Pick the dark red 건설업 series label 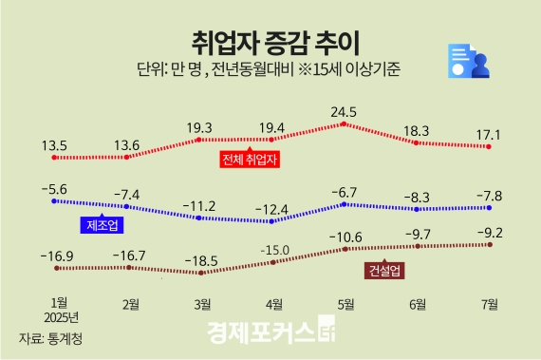click(x=385, y=271)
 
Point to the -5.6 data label click(x=55, y=188)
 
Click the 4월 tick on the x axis click(x=273, y=304)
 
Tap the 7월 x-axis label click(x=490, y=304)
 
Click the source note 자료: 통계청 click(x=50, y=337)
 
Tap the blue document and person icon click(x=467, y=64)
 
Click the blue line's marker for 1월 click(x=55, y=201)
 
